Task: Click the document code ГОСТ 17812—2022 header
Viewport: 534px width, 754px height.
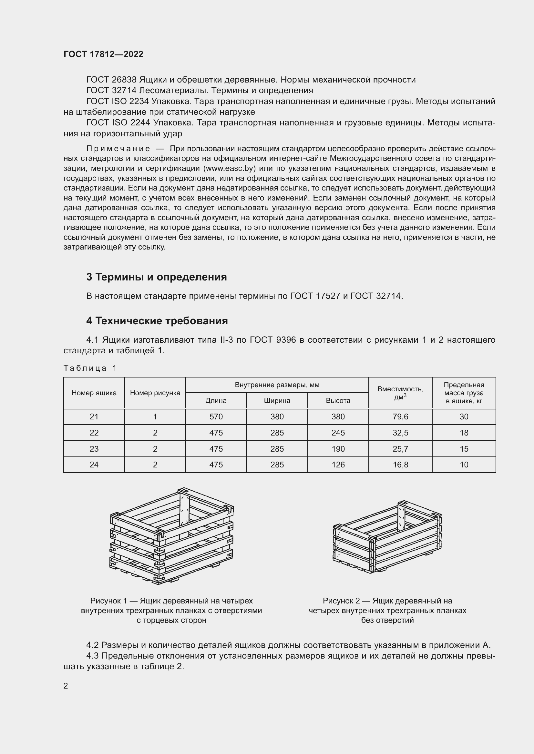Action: point(103,54)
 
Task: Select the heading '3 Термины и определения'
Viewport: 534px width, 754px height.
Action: point(157,277)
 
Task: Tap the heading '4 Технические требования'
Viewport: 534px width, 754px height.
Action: point(157,320)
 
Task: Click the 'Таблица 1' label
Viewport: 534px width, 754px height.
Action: point(90,368)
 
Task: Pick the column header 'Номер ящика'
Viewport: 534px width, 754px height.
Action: point(94,393)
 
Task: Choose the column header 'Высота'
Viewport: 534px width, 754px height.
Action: point(338,401)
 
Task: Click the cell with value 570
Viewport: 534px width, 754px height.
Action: point(216,417)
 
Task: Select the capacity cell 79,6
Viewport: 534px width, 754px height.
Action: point(400,417)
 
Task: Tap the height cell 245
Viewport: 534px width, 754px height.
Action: point(338,433)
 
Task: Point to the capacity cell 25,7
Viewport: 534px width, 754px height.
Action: point(400,449)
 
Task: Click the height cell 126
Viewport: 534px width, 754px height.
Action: point(338,465)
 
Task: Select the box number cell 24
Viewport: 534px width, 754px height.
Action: point(94,465)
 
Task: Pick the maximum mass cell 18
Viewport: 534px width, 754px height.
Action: point(464,433)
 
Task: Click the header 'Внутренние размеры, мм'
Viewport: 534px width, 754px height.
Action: point(277,385)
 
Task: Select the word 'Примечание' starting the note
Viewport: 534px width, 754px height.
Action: point(118,149)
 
